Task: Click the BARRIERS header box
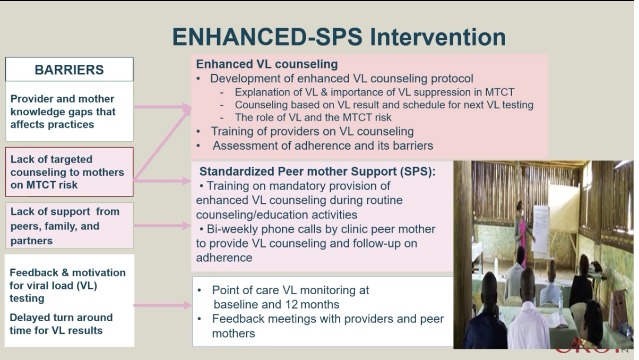pyautogui.click(x=70, y=69)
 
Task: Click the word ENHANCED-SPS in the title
pyautogui.click(x=267, y=37)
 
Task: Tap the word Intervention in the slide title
pyautogui.click(x=438, y=37)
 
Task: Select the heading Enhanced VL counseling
pyautogui.click(x=267, y=64)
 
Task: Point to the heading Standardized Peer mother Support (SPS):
pyautogui.click(x=317, y=172)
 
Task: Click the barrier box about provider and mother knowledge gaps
pyautogui.click(x=70, y=112)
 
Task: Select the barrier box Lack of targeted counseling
pyautogui.click(x=70, y=172)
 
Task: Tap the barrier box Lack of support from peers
pyautogui.click(x=70, y=226)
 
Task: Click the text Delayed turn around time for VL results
pyautogui.click(x=61, y=324)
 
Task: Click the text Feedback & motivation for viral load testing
pyautogui.click(x=67, y=285)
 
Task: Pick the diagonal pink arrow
pyautogui.click(x=162, y=144)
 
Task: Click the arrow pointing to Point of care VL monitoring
pyautogui.click(x=162, y=305)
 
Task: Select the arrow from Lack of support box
pyautogui.click(x=162, y=226)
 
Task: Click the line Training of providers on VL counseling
pyautogui.click(x=313, y=131)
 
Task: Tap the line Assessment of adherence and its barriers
pyautogui.click(x=323, y=145)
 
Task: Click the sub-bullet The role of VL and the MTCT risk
pyautogui.click(x=313, y=117)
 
